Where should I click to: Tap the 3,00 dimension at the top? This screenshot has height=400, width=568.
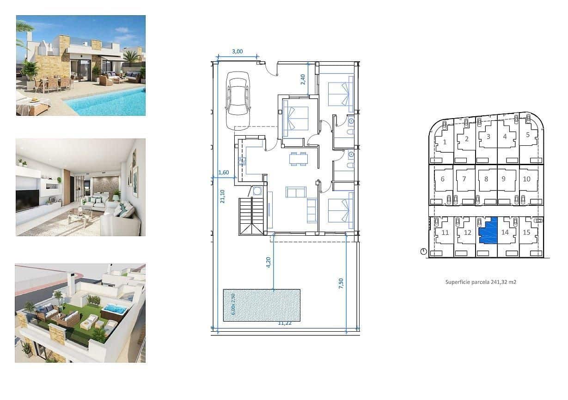(237, 52)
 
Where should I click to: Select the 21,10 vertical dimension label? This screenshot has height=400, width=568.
(222, 197)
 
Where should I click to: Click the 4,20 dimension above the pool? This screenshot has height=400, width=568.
(269, 263)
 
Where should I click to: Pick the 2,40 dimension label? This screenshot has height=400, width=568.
(303, 79)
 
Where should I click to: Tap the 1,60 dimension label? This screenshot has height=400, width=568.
(223, 173)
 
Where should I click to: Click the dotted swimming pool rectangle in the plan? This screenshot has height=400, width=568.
(262, 305)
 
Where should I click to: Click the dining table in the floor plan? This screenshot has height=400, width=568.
(299, 158)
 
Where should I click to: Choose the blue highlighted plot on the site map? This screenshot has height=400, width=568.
(488, 231)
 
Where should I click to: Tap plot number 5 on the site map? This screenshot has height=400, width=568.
(528, 135)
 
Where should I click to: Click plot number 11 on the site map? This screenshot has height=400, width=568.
(445, 233)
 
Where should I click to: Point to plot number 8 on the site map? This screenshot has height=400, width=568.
(486, 179)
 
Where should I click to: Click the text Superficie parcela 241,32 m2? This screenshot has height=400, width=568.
(481, 281)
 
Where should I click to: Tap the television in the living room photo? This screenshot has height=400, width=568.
(27, 200)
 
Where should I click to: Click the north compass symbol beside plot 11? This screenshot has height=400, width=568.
(423, 251)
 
